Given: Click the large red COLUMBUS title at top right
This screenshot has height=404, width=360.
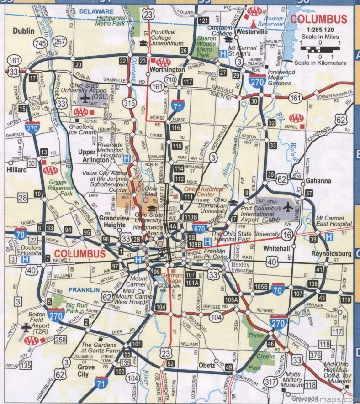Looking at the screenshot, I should [x=319, y=19].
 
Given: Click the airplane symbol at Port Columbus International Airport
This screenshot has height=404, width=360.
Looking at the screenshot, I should [x=287, y=206].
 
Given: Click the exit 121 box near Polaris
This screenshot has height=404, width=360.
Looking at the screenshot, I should [x=203, y=21].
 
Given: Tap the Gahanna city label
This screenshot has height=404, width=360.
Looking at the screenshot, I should [x=318, y=181].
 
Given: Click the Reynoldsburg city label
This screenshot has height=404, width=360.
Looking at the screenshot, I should [x=331, y=253].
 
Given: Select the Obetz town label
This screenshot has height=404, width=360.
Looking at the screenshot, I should [x=206, y=366].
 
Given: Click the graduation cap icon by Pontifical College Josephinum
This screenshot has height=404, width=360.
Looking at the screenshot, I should [x=144, y=43].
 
